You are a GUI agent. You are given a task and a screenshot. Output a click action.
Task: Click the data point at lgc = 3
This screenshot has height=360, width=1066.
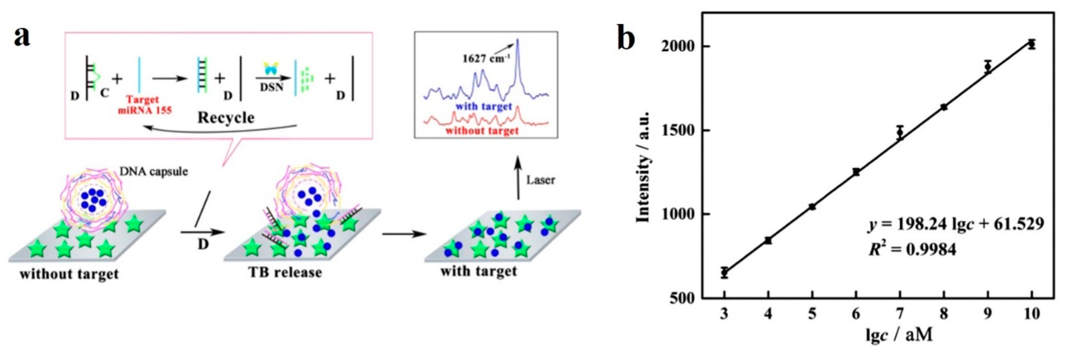click(724, 272)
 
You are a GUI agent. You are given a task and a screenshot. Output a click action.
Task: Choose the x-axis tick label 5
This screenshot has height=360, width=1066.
click(812, 314)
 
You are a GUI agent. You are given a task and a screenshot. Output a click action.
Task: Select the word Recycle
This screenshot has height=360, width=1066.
click(226, 118)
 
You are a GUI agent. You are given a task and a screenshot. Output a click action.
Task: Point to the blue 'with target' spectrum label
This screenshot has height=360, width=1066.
click(484, 107)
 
